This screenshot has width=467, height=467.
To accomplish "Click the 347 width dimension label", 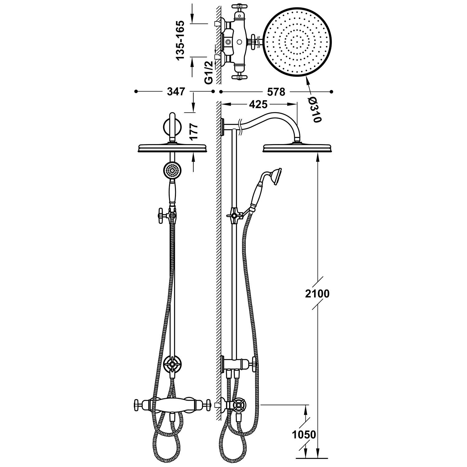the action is point(176,92).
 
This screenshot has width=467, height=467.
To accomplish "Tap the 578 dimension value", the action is point(276,92).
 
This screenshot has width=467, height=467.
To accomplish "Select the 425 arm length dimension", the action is point(258,105).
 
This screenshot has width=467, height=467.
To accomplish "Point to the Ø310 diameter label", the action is point(314,109).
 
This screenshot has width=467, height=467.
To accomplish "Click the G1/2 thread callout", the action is point(209,73).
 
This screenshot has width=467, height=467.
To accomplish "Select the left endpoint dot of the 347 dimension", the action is point(136,92).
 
